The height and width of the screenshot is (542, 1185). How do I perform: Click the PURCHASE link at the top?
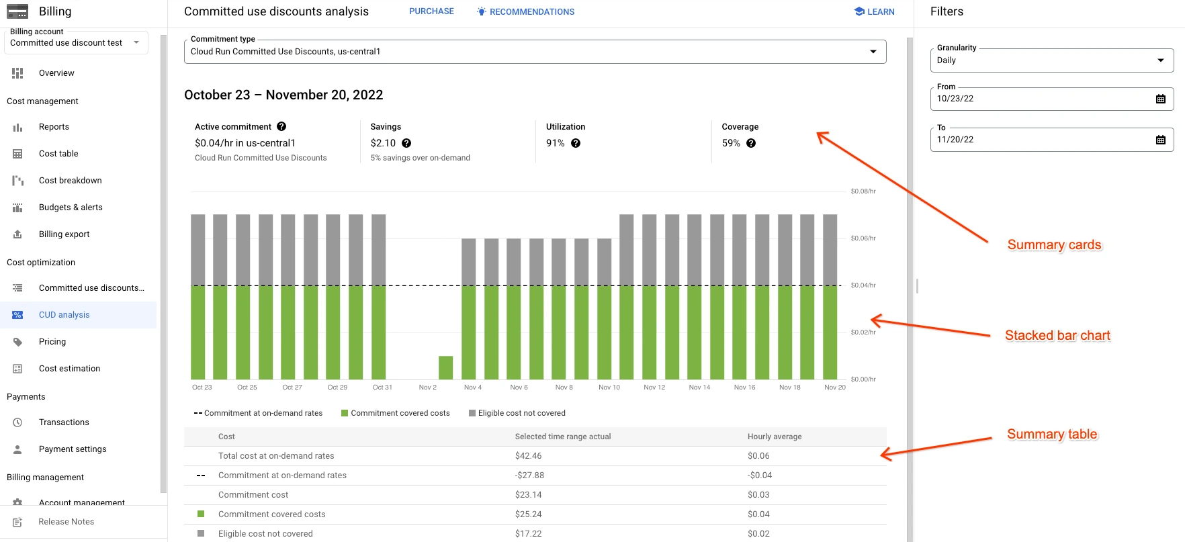point(431,11)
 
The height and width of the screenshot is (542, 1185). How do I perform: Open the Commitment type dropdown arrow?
point(873,52)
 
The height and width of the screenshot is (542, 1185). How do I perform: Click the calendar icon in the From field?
point(1160,99)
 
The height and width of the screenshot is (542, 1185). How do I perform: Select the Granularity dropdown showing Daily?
point(1051,60)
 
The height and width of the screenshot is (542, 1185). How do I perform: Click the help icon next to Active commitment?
point(281,126)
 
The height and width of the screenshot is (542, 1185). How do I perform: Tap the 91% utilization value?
point(555,143)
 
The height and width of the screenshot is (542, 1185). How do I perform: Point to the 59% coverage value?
point(731,143)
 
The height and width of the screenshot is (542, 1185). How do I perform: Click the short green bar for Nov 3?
point(445,368)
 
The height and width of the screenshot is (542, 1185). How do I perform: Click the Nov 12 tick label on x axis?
point(654,388)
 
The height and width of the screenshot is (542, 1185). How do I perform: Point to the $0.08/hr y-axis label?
point(863,191)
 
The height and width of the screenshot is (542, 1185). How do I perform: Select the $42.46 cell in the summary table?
point(528,456)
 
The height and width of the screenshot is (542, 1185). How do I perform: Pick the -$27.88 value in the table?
point(529,476)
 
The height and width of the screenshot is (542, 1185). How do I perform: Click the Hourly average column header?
point(774,437)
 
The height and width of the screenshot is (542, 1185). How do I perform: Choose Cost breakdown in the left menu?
point(70,181)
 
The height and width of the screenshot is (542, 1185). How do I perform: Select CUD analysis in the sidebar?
point(64,315)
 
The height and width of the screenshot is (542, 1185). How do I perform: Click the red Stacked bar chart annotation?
point(1057,335)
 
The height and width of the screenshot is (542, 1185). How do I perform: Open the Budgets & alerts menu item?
point(71,208)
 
